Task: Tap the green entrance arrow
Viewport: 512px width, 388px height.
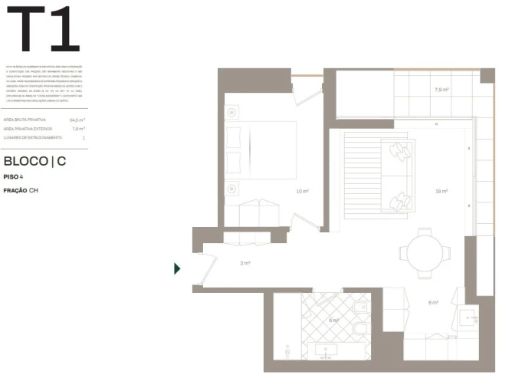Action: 177,268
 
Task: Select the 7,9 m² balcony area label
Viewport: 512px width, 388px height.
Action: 441,90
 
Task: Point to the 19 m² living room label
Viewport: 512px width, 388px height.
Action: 441,191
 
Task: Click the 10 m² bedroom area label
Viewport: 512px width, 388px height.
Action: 302,191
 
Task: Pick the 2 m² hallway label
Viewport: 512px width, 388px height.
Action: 245,264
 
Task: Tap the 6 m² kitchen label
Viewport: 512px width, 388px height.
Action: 433,302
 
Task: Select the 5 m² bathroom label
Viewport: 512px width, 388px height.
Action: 333,320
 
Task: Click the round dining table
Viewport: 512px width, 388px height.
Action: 424,252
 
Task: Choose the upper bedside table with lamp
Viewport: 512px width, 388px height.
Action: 232,113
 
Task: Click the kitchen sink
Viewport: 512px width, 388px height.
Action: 470,316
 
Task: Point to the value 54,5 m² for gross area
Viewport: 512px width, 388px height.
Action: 77,120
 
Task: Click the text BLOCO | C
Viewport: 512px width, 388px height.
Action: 34,162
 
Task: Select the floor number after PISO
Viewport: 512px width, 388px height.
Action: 21,177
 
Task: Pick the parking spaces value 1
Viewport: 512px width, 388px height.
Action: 84,138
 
